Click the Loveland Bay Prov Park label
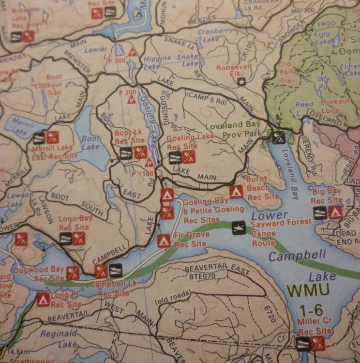pos(233,129)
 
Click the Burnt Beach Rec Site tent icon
pos(236,192)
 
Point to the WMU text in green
pos(308,290)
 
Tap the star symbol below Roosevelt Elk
pos(242,82)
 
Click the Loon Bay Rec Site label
pos(75,223)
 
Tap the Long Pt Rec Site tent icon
pos(42,300)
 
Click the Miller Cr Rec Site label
pos(315,327)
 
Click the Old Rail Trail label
pos(286,72)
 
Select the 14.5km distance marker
pos(18,351)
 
